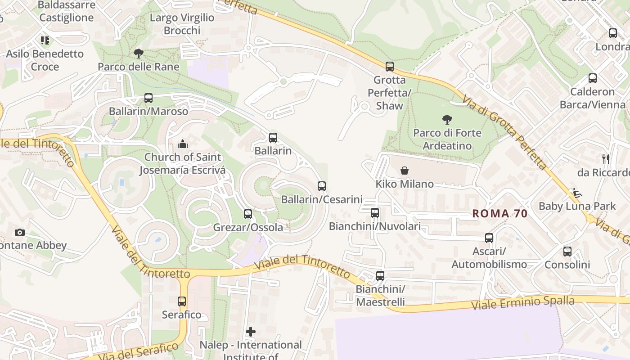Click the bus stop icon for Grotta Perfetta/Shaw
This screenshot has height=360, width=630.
[390, 67]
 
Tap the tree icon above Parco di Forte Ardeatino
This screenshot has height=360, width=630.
[447, 120]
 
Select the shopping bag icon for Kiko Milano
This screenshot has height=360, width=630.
[405, 171]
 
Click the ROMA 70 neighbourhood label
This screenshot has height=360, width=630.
[499, 214]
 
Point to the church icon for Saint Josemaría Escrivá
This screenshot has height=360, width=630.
[183, 144]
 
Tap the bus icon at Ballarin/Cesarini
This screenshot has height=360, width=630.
[321, 186]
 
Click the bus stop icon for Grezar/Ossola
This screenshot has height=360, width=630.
[248, 214]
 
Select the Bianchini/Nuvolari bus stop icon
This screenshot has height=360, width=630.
[375, 213]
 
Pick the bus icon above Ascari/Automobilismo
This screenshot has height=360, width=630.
[489, 238]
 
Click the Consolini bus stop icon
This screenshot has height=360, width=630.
[567, 252]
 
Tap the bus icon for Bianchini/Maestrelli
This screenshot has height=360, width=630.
[380, 276]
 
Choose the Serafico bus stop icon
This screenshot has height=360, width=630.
[182, 301]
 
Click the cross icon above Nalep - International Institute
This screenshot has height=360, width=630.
[251, 332]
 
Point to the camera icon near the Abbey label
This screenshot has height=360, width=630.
[19, 232]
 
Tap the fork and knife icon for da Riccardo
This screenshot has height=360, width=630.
[606, 159]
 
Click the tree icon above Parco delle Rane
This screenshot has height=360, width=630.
[139, 54]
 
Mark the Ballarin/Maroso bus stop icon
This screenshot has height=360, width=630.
[148, 98]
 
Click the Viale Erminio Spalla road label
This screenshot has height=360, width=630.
[523, 303]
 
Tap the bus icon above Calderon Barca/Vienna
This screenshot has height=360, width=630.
[593, 78]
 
